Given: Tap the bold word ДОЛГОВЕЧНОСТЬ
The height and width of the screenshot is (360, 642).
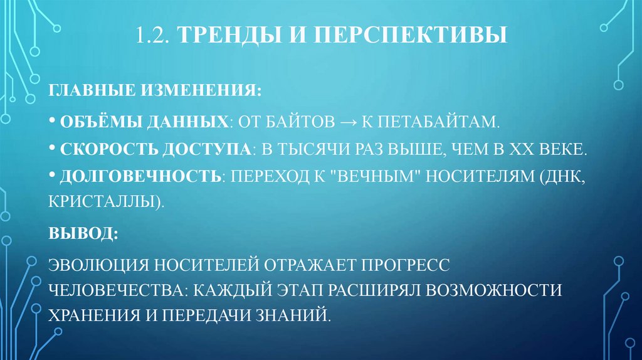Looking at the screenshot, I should pos(139,177).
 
